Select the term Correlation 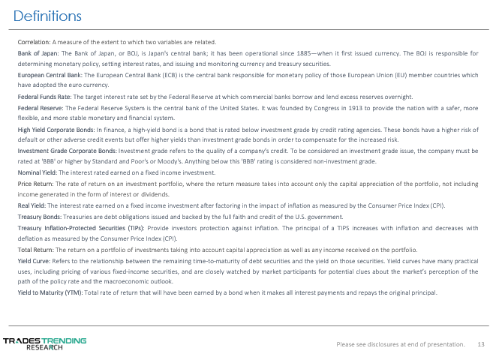coord(34,42)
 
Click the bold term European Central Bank coord(50,76)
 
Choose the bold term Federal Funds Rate coord(44,97)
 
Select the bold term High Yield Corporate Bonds coord(56,130)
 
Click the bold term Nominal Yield coord(38,172)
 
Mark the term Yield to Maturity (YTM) coord(50,292)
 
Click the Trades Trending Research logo coord(45,343)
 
